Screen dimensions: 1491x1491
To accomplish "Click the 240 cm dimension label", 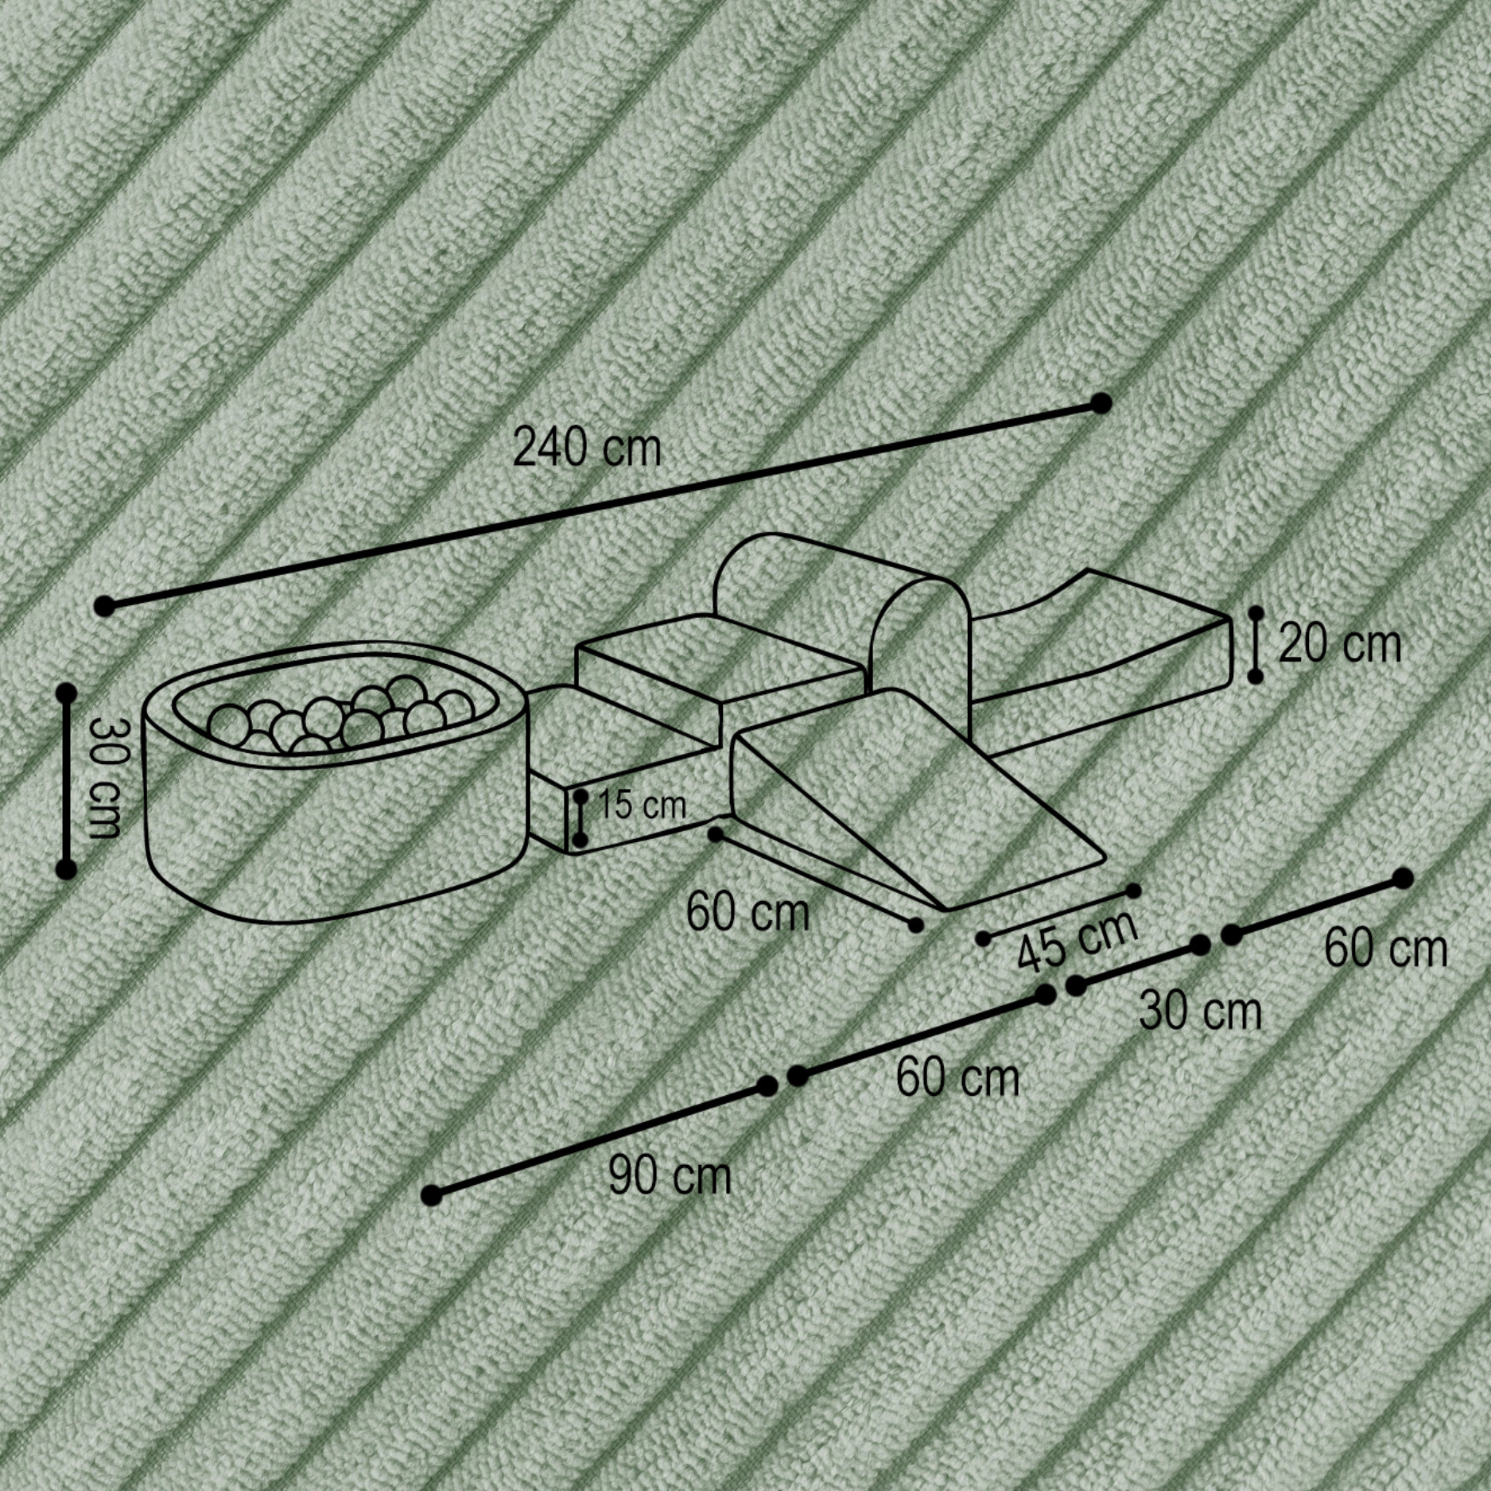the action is pos(587,448).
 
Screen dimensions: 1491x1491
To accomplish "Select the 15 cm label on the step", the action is pos(641,805).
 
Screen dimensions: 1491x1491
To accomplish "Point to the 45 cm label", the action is pos(1077,942).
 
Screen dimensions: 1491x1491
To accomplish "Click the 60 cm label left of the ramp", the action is pos(747,912).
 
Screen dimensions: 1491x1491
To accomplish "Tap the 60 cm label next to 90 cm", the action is pos(957,1077).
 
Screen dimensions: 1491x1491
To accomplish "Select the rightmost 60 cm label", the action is pos(1385,949).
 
